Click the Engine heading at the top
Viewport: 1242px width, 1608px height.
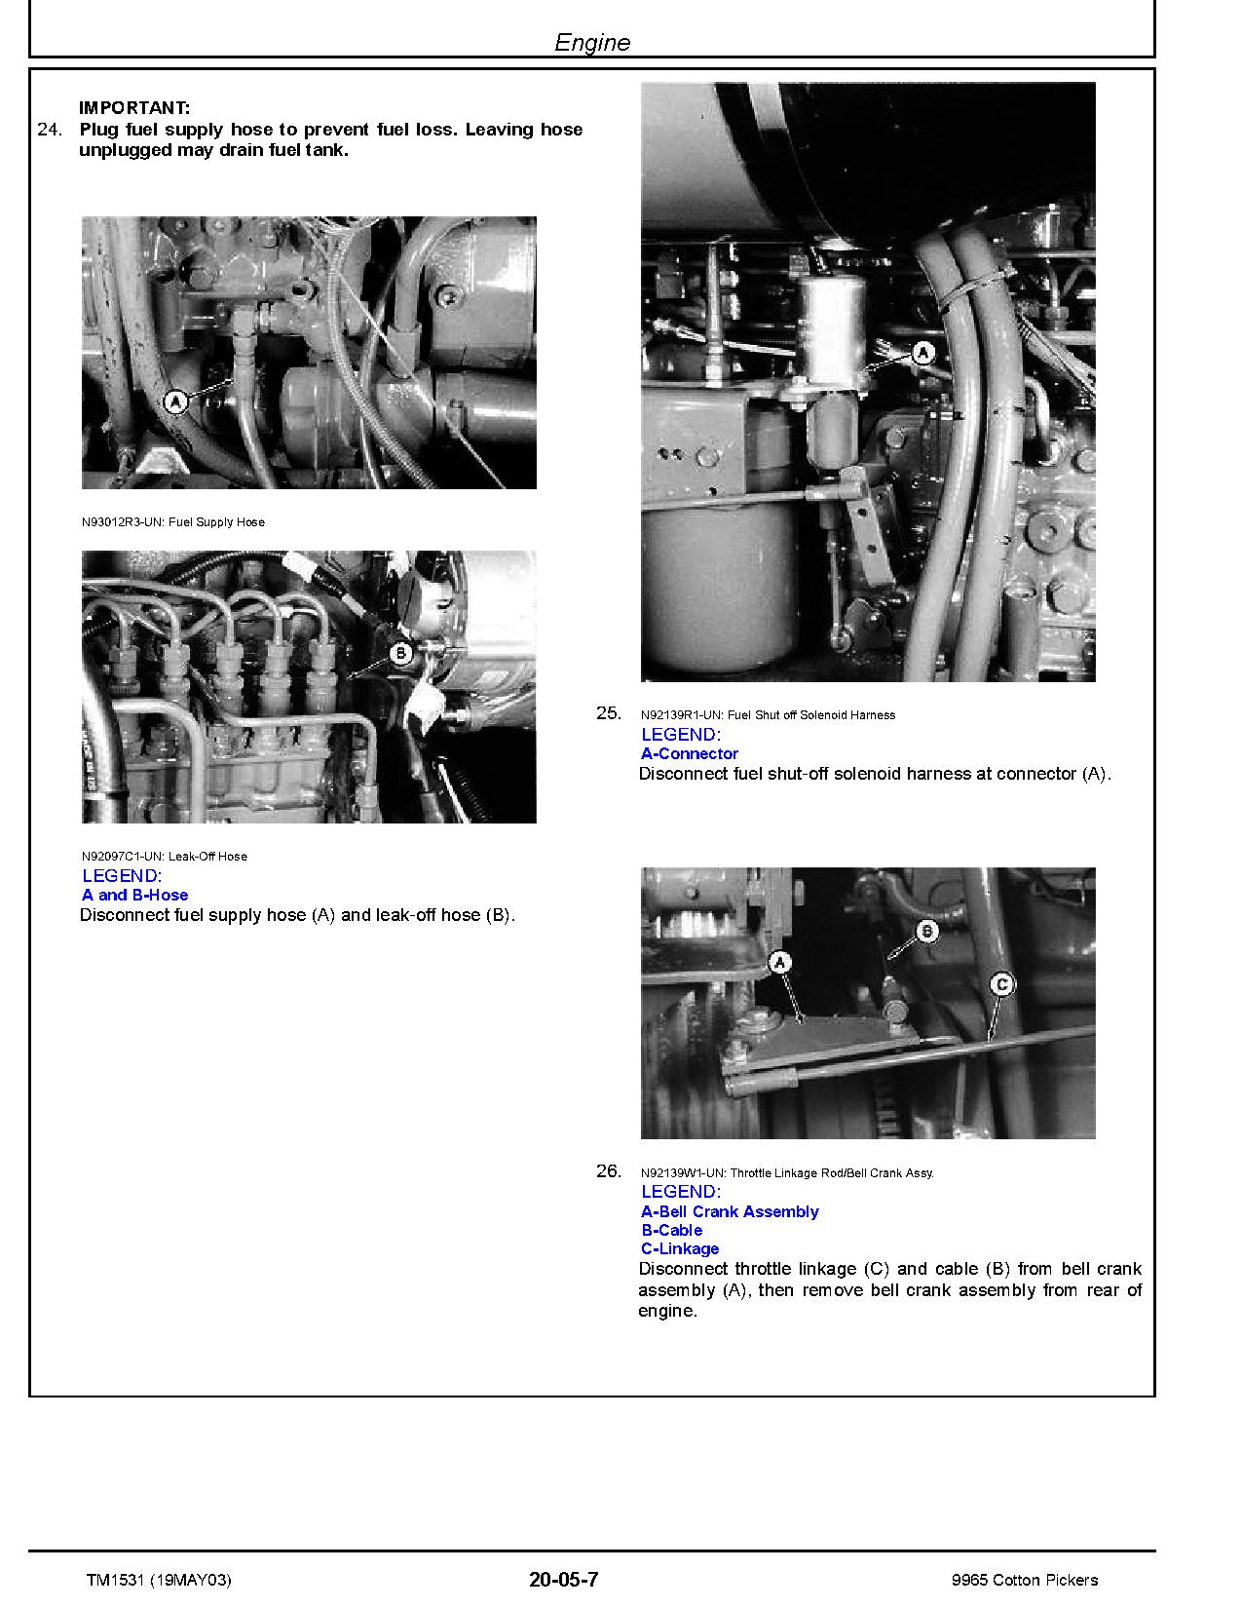pos(592,42)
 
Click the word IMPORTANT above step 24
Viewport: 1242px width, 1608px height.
pos(134,108)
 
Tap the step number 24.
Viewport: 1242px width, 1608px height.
pos(49,130)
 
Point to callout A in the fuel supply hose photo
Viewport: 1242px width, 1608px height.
pos(174,402)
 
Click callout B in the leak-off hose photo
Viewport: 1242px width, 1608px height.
pos(400,653)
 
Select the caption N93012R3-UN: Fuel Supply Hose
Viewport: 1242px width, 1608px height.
pos(173,522)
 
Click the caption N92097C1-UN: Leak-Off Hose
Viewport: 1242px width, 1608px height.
pos(165,857)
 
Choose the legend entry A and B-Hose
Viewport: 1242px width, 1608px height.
pos(135,895)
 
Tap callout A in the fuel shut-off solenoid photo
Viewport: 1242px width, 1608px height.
pos(922,353)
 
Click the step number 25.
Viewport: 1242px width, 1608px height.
pos(608,713)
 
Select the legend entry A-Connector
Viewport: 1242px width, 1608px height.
pos(690,753)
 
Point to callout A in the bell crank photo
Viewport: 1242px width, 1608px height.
pos(780,963)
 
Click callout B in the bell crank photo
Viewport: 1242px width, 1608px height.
pos(926,932)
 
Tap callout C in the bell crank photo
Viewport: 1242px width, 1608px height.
pos(1000,983)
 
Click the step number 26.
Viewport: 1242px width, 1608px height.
pos(608,1171)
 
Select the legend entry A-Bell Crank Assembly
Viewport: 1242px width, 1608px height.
pos(730,1211)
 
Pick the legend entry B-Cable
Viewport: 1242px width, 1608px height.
pos(672,1230)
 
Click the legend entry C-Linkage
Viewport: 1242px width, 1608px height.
pos(680,1248)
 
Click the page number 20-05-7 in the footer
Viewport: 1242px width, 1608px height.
pos(563,1580)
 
